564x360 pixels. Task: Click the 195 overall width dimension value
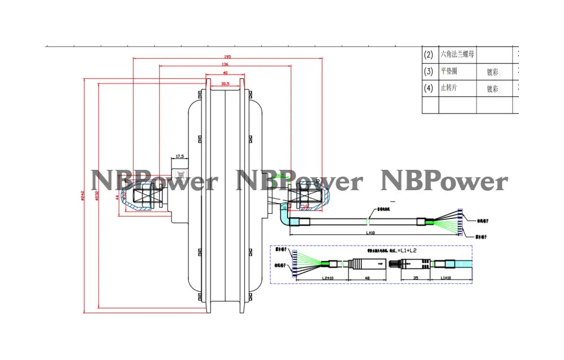tap(227, 57)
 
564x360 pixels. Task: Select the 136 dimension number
tap(225, 65)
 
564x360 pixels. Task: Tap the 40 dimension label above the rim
tap(225, 73)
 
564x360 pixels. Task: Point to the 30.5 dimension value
tap(225, 84)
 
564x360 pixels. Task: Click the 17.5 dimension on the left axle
tap(180, 156)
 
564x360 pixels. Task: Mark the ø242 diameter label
tap(82, 195)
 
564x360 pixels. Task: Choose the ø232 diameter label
tap(97, 195)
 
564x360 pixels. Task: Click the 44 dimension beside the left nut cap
tap(117, 197)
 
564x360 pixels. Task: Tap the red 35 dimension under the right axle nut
tap(305, 208)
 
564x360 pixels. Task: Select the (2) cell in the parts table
tap(428, 55)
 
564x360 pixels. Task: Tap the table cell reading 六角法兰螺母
tap(457, 55)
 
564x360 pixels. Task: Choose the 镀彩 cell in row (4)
tap(492, 89)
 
